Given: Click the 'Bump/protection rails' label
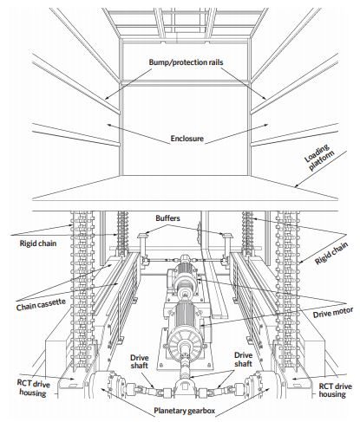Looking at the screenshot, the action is [186, 62].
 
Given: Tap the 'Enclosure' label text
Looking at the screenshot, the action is [187, 139].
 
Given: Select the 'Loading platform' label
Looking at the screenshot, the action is [319, 158].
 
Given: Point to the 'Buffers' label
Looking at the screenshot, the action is [167, 218].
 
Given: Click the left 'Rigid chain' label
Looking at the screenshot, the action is [38, 243].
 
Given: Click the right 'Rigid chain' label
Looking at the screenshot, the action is [331, 253].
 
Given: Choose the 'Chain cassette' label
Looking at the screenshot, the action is [41, 305].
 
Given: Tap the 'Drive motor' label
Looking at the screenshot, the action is [333, 313].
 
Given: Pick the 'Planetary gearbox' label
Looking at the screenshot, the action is [184, 411].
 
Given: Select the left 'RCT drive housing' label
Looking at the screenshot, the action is [33, 388].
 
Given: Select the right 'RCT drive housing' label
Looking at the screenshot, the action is [335, 390].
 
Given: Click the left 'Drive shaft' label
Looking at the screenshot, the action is [139, 361].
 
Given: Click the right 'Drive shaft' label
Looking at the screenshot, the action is [243, 360].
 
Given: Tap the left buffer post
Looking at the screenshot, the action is [142, 249].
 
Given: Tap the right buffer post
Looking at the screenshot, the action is [226, 249].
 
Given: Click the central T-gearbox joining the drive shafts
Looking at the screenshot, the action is [184, 387].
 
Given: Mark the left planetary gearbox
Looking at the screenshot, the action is [101, 386].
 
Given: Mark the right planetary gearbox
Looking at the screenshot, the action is [264, 386].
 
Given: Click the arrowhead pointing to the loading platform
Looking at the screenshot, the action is [296, 186].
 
